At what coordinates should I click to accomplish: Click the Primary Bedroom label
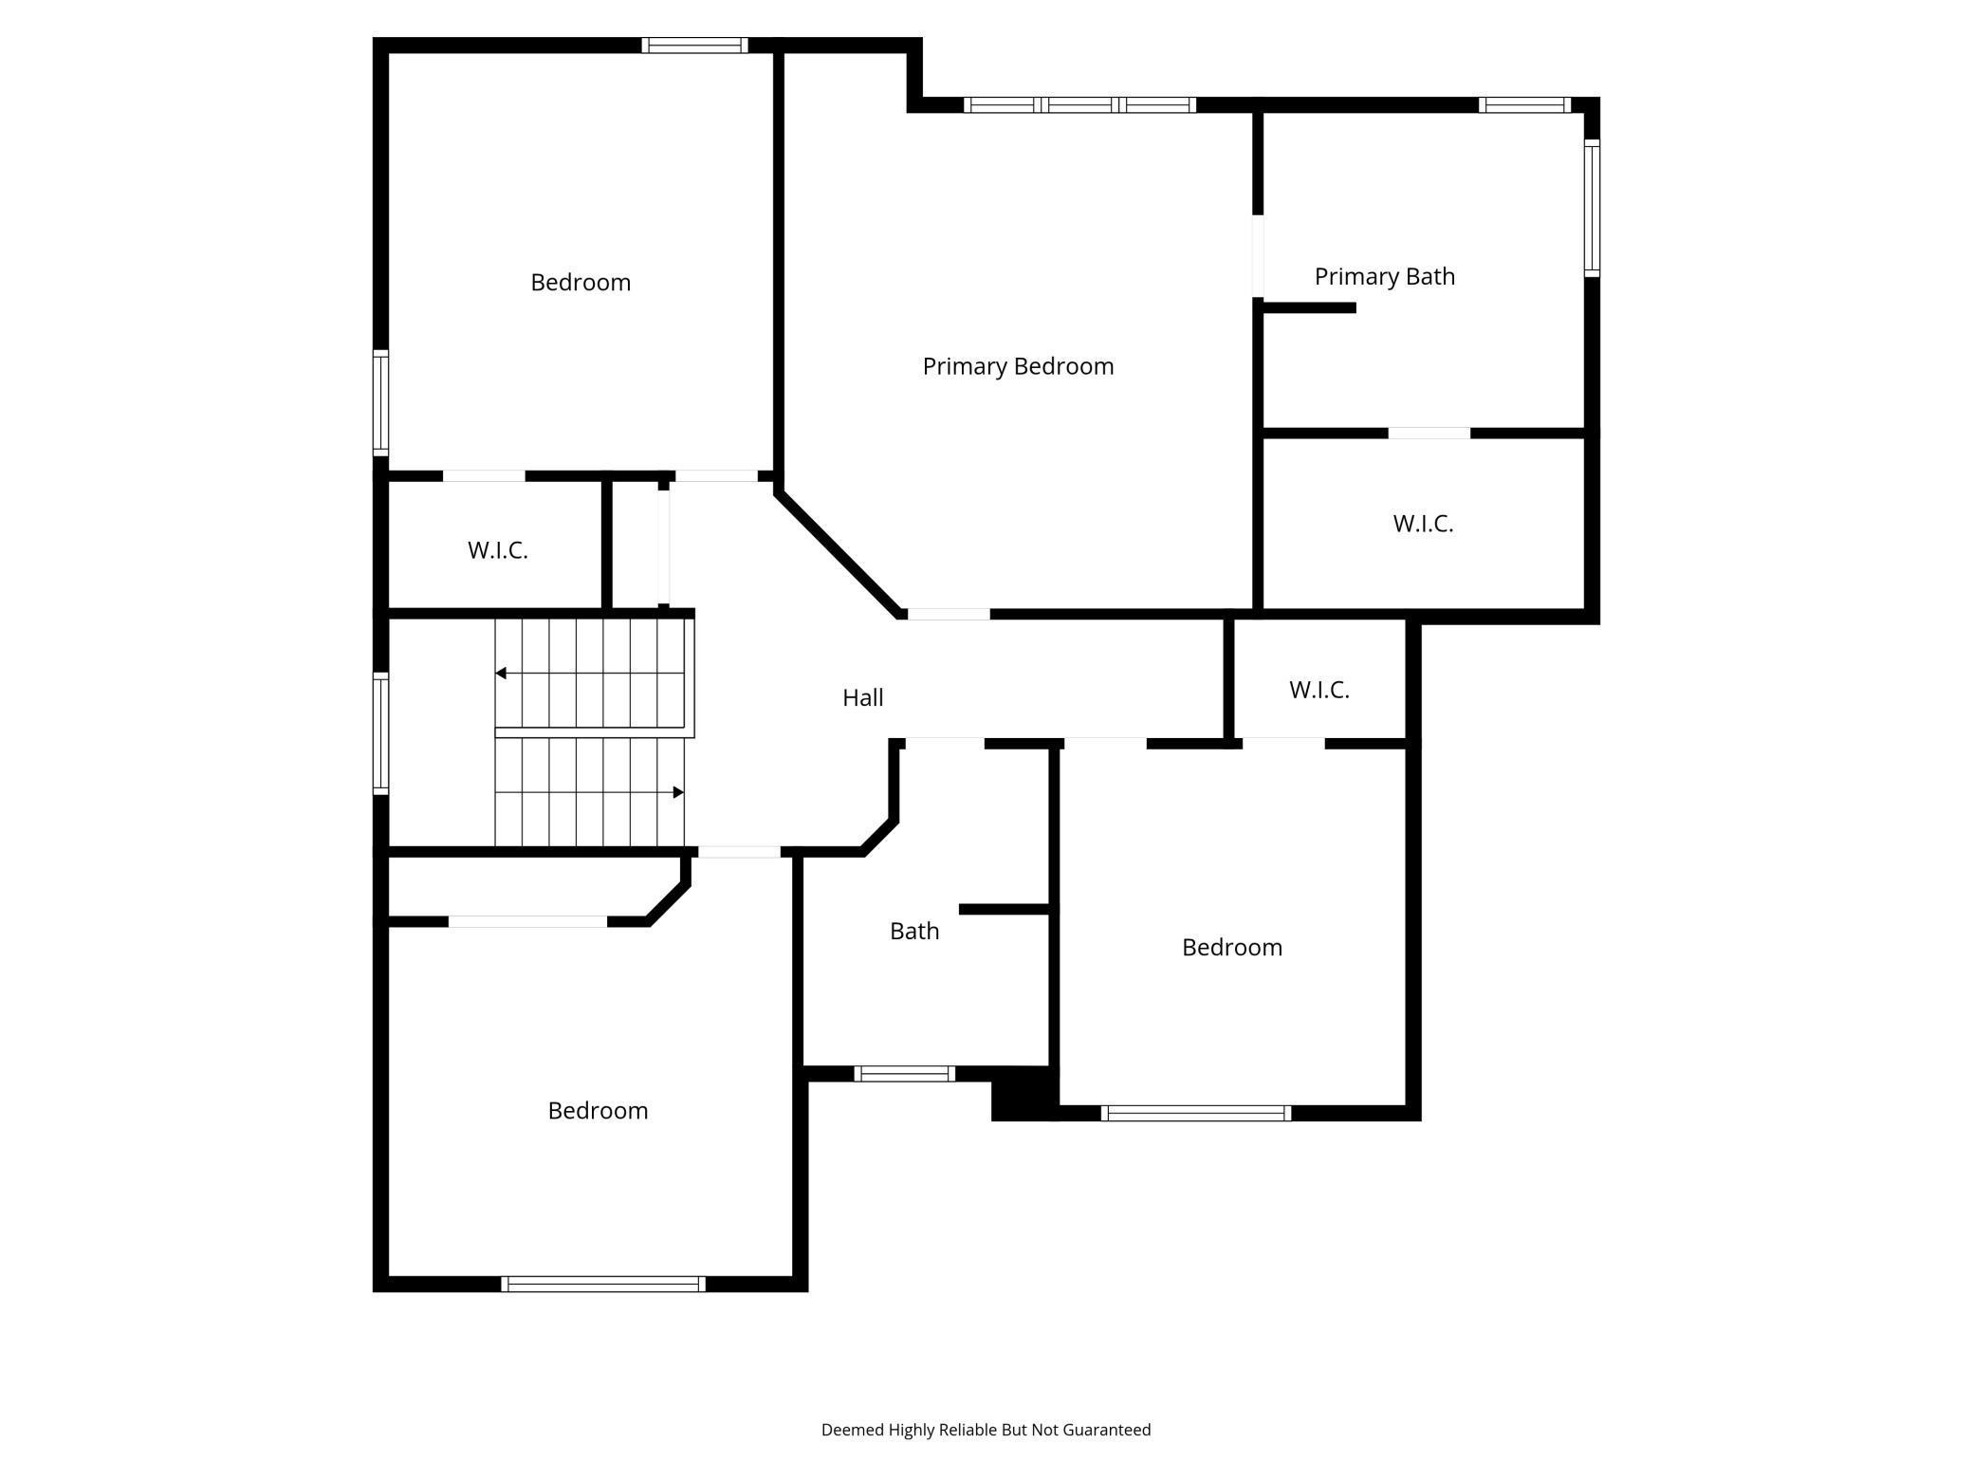[1018, 366]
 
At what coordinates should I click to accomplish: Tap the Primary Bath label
[1384, 276]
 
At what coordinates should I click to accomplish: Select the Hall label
[862, 697]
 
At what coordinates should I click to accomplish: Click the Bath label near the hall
[914, 931]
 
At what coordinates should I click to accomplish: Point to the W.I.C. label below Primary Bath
[1423, 524]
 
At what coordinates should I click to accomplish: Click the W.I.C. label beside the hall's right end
[1318, 690]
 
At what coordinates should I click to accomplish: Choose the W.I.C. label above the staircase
[497, 550]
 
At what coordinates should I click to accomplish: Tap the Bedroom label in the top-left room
[581, 282]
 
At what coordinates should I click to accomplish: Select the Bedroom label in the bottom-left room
[598, 1110]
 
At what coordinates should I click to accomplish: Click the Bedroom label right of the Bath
[1231, 947]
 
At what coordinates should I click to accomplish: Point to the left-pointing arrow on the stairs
[501, 674]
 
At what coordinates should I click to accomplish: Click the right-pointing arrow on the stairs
[678, 792]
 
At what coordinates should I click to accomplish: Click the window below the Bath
[904, 1074]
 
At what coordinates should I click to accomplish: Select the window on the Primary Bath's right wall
[1592, 208]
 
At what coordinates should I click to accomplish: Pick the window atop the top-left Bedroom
[694, 45]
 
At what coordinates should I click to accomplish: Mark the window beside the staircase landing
[380, 732]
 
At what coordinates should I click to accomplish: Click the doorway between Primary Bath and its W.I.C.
[1429, 434]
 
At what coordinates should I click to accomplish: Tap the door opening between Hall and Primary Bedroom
[949, 614]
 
